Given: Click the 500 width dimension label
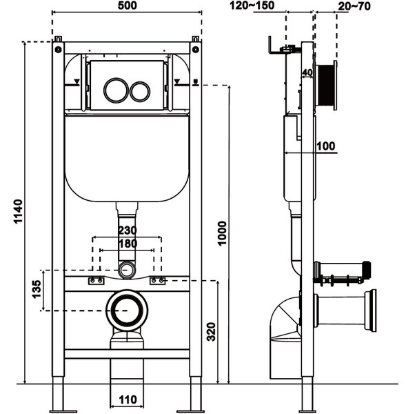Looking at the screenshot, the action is [x=127, y=6].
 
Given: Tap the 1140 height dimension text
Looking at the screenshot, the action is [x=19, y=212].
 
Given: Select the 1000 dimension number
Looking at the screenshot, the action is [x=223, y=233].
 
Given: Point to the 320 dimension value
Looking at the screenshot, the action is [x=212, y=332].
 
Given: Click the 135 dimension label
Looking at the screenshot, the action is [x=37, y=289].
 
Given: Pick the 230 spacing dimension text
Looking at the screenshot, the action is [x=128, y=230].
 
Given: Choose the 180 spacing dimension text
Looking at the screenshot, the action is [x=128, y=244].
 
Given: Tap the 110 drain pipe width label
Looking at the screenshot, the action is [x=128, y=400].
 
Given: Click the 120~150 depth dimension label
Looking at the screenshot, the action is [x=252, y=6].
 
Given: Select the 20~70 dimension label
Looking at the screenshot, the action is [x=354, y=6].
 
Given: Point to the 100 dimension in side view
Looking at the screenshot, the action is [x=326, y=146].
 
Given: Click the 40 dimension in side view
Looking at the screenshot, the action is [x=307, y=72].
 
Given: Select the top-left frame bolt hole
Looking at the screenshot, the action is [x=58, y=50].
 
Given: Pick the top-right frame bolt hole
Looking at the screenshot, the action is [x=196, y=50].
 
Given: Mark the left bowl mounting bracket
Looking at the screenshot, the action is [x=96, y=281].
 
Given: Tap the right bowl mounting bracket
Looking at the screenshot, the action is [x=157, y=281].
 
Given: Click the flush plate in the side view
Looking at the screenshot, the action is [x=335, y=86].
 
